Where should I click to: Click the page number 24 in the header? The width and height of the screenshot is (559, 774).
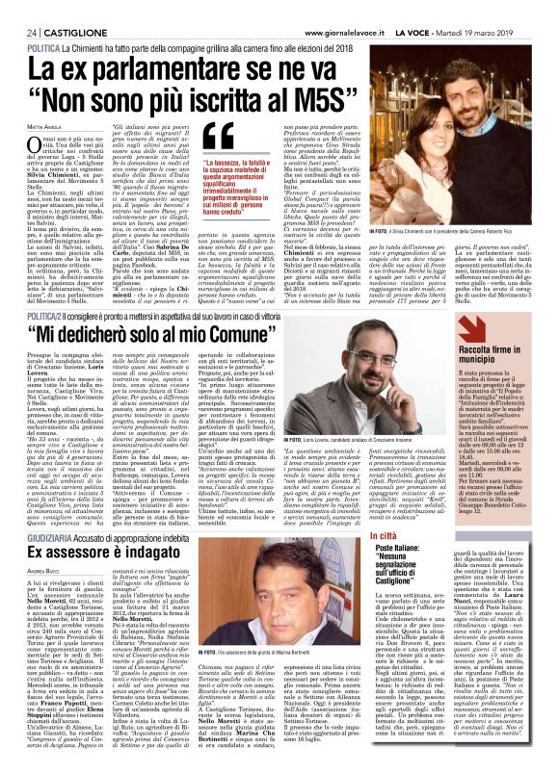(x=18, y=7)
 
